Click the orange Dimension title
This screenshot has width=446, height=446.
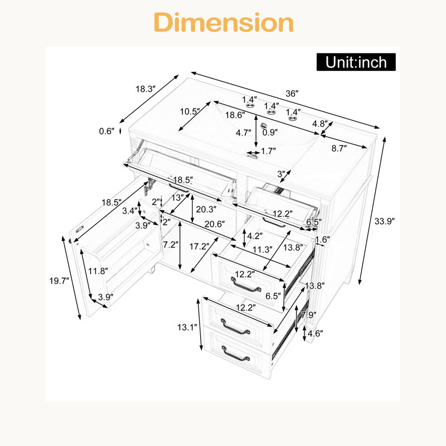[x=224, y=22]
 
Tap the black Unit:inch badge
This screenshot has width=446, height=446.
[x=356, y=62]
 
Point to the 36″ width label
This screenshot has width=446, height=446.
[x=292, y=94]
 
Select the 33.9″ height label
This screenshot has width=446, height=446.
[x=385, y=221]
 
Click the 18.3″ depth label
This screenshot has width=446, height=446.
[x=146, y=89]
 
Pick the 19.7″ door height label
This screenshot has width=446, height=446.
[x=59, y=281]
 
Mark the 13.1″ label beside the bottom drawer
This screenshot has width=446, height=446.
[x=187, y=327]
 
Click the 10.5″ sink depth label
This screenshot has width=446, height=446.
[x=190, y=111]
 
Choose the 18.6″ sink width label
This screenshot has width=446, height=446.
[x=235, y=115]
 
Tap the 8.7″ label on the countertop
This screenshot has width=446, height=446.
[x=339, y=148]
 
